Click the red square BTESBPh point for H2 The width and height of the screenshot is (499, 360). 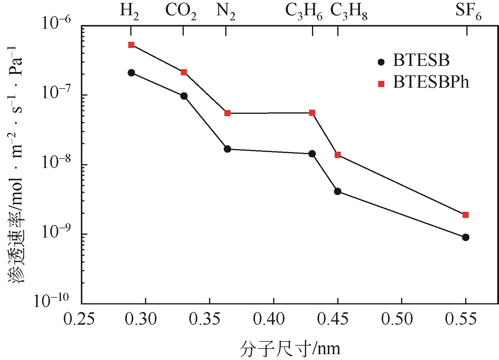coord(131,45)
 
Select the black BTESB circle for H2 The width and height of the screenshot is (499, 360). coord(131,73)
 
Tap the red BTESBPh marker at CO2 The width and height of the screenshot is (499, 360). coord(184,72)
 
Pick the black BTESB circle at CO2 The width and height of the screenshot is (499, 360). coord(184,96)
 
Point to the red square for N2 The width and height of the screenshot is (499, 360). coord(227,113)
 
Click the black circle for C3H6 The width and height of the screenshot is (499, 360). coord(312,154)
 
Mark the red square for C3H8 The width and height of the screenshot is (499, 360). coord(338,155)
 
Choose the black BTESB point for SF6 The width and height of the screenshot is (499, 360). coord(465,237)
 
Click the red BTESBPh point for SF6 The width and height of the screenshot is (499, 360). coord(465,215)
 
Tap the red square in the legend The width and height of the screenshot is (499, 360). coord(381,84)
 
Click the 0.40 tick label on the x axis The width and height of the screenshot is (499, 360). coord(273,319)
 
